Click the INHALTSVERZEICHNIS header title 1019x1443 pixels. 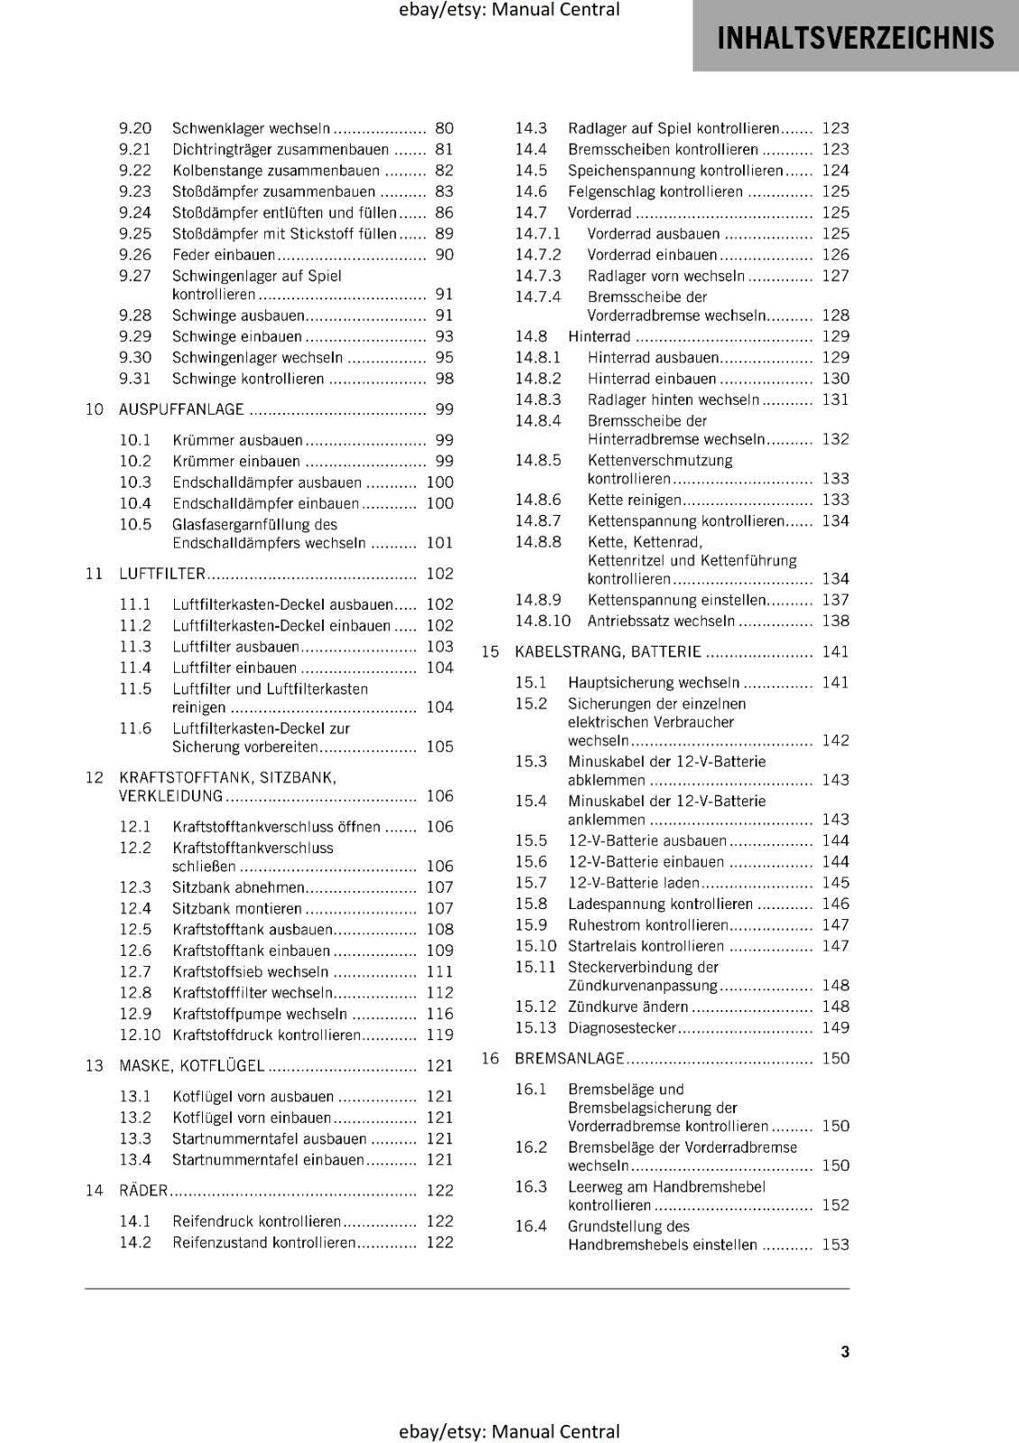pyautogui.click(x=855, y=38)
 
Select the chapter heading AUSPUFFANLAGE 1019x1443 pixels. pyautogui.click(x=181, y=409)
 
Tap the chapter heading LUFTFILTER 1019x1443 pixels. pyautogui.click(x=162, y=574)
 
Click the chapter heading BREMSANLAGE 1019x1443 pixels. pyautogui.click(x=569, y=1059)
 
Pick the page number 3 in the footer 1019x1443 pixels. pyautogui.click(x=845, y=1351)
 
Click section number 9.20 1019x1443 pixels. pyautogui.click(x=135, y=129)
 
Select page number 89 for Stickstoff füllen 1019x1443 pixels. pyautogui.click(x=444, y=234)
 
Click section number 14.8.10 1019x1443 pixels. pyautogui.click(x=543, y=621)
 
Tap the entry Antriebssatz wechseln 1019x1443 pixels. pyautogui.click(x=661, y=621)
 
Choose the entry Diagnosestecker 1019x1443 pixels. pyautogui.click(x=622, y=1028)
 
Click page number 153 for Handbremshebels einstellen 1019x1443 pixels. pyautogui.click(x=835, y=1245)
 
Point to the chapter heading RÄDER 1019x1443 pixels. pyautogui.click(x=143, y=1190)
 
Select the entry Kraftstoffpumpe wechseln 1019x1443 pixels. pyautogui.click(x=260, y=1015)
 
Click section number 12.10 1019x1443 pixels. pyautogui.click(x=140, y=1035)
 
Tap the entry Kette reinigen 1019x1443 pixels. pyautogui.click(x=634, y=500)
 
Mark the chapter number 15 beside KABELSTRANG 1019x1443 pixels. pyautogui.click(x=490, y=652)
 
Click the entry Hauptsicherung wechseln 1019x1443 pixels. pyautogui.click(x=654, y=683)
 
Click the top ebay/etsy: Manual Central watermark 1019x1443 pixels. pyautogui.click(x=509, y=10)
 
